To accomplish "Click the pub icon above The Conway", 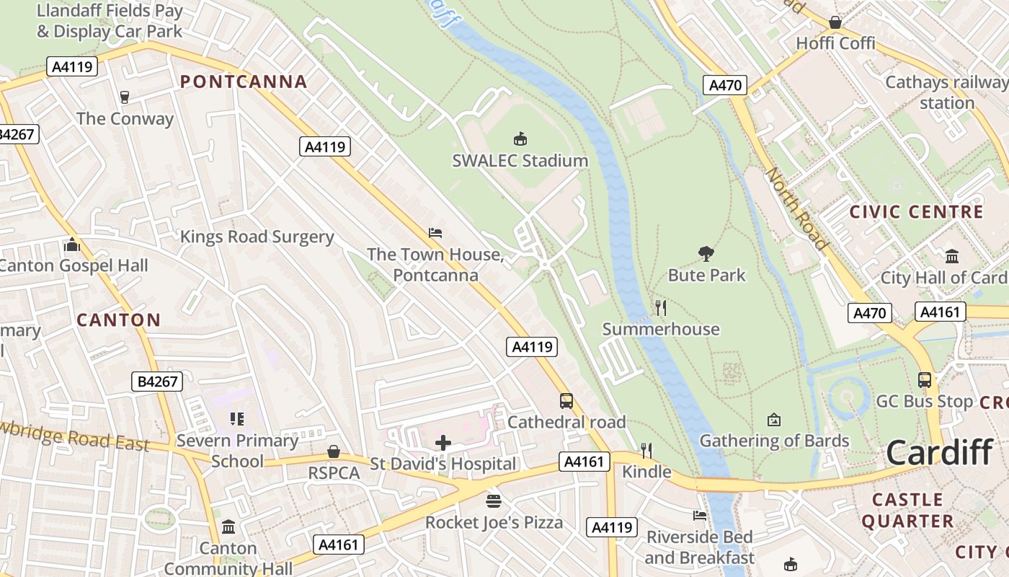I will point(125,97).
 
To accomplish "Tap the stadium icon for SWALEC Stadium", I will point(520,138).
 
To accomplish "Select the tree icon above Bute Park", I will point(706,253).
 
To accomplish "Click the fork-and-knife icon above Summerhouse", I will point(660,308).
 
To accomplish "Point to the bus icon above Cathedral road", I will point(566,401).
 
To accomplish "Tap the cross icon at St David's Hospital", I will point(443,443).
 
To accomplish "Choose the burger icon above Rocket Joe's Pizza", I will point(494,501).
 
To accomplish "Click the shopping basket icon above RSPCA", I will point(334,452).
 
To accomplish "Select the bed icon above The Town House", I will point(435,233).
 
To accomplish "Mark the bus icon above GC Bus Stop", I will point(924,380).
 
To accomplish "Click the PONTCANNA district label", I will point(244,82).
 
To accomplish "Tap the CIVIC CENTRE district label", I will point(916,212).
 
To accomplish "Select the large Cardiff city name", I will point(939,453).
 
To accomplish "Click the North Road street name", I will point(796,209).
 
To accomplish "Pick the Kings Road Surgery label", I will point(257,237).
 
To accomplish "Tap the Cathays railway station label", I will point(946,92).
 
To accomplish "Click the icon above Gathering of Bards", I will point(774,420).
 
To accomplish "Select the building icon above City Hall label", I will point(952,257).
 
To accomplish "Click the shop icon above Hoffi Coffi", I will point(835,23).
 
